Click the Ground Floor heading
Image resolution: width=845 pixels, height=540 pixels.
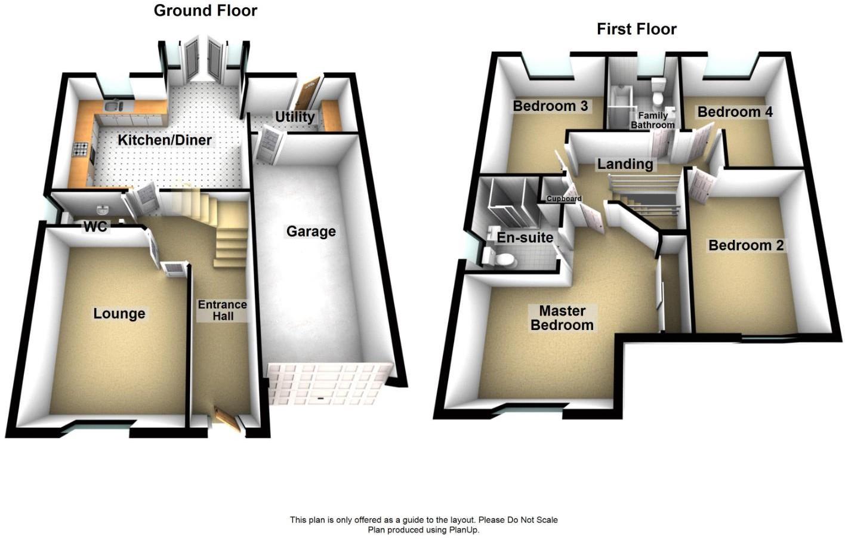(206, 11)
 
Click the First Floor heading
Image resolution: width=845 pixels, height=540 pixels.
(637, 29)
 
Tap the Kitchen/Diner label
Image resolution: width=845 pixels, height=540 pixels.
(165, 140)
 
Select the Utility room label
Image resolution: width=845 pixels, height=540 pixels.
(295, 117)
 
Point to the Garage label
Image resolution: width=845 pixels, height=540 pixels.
(311, 231)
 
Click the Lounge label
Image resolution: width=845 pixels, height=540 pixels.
(119, 313)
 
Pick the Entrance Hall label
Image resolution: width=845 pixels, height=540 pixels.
(223, 310)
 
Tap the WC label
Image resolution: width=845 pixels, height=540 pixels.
(96, 227)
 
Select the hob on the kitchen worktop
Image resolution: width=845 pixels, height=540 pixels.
(81, 150)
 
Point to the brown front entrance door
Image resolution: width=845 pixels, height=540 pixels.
(227, 419)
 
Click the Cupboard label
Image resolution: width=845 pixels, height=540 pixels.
(564, 199)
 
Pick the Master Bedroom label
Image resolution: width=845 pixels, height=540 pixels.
(562, 318)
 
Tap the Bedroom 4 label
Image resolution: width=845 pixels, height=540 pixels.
(735, 112)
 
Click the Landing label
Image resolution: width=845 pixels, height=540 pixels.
(625, 164)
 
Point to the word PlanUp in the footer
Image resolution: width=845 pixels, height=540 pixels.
(464, 530)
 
